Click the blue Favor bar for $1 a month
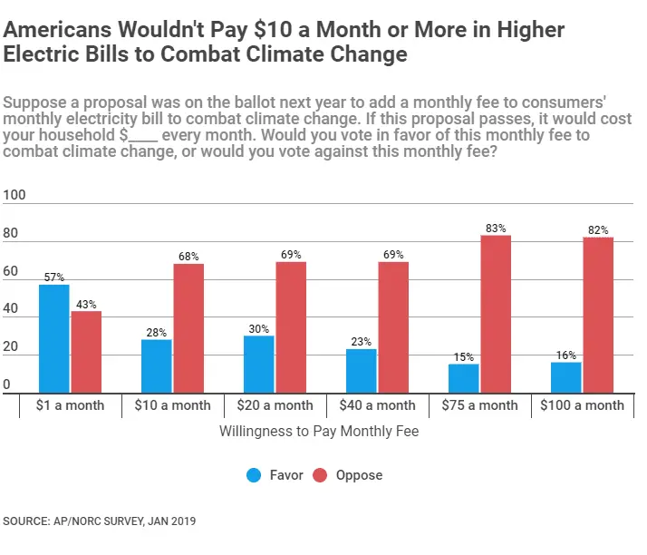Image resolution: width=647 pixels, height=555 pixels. [x=54, y=338]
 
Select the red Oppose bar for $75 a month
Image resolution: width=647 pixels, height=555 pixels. [x=496, y=314]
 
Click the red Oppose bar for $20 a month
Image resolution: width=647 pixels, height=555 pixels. [x=291, y=327]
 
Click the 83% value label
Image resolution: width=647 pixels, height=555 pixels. [x=496, y=229]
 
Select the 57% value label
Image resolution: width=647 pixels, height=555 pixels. [x=54, y=277]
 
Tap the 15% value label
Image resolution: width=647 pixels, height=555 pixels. [x=464, y=357]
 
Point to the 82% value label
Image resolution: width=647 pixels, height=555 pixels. [x=598, y=230]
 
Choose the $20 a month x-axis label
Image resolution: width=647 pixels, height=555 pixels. [x=275, y=405]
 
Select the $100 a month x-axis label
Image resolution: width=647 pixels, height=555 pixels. [x=582, y=405]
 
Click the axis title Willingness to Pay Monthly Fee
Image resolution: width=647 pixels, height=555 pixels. [x=319, y=432]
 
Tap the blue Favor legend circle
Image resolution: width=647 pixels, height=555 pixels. [x=255, y=475]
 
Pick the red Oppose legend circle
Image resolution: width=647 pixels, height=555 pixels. [x=320, y=475]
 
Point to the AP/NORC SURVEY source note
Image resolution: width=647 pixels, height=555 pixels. [x=100, y=521]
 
